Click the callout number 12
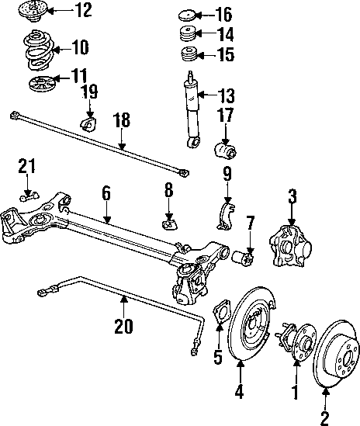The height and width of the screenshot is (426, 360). (x=83, y=10)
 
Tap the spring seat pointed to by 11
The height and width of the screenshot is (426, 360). (x=42, y=85)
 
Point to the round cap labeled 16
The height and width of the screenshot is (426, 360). (x=187, y=16)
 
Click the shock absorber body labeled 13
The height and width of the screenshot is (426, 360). (x=192, y=110)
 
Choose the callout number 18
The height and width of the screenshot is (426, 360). (x=122, y=120)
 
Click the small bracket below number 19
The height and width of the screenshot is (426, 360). (x=88, y=123)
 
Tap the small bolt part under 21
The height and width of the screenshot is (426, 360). (x=29, y=196)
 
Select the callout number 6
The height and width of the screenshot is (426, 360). (x=106, y=193)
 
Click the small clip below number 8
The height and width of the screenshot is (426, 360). (x=170, y=223)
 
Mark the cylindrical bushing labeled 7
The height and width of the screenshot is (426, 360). (x=243, y=258)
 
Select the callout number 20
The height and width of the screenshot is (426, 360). (x=123, y=326)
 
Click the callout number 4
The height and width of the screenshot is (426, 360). (x=239, y=392)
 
